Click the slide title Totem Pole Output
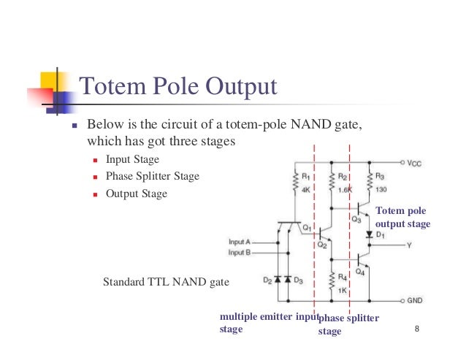(x=177, y=88)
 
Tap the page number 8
(x=416, y=332)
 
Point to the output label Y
(x=410, y=245)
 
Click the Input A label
(x=240, y=242)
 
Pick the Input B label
(x=240, y=253)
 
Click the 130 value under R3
(x=381, y=189)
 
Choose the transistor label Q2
(x=321, y=245)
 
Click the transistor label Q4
(x=359, y=272)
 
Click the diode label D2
(x=267, y=280)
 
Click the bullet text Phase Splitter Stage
(x=152, y=176)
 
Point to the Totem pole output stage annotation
(x=402, y=218)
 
